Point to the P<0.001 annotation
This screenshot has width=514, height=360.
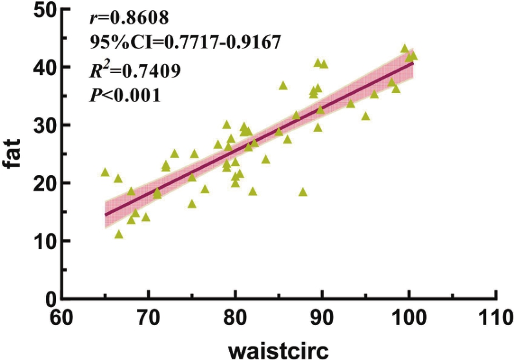124,95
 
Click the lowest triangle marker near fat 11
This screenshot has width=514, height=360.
119,234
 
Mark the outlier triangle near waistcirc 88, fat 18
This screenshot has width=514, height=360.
303,192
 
